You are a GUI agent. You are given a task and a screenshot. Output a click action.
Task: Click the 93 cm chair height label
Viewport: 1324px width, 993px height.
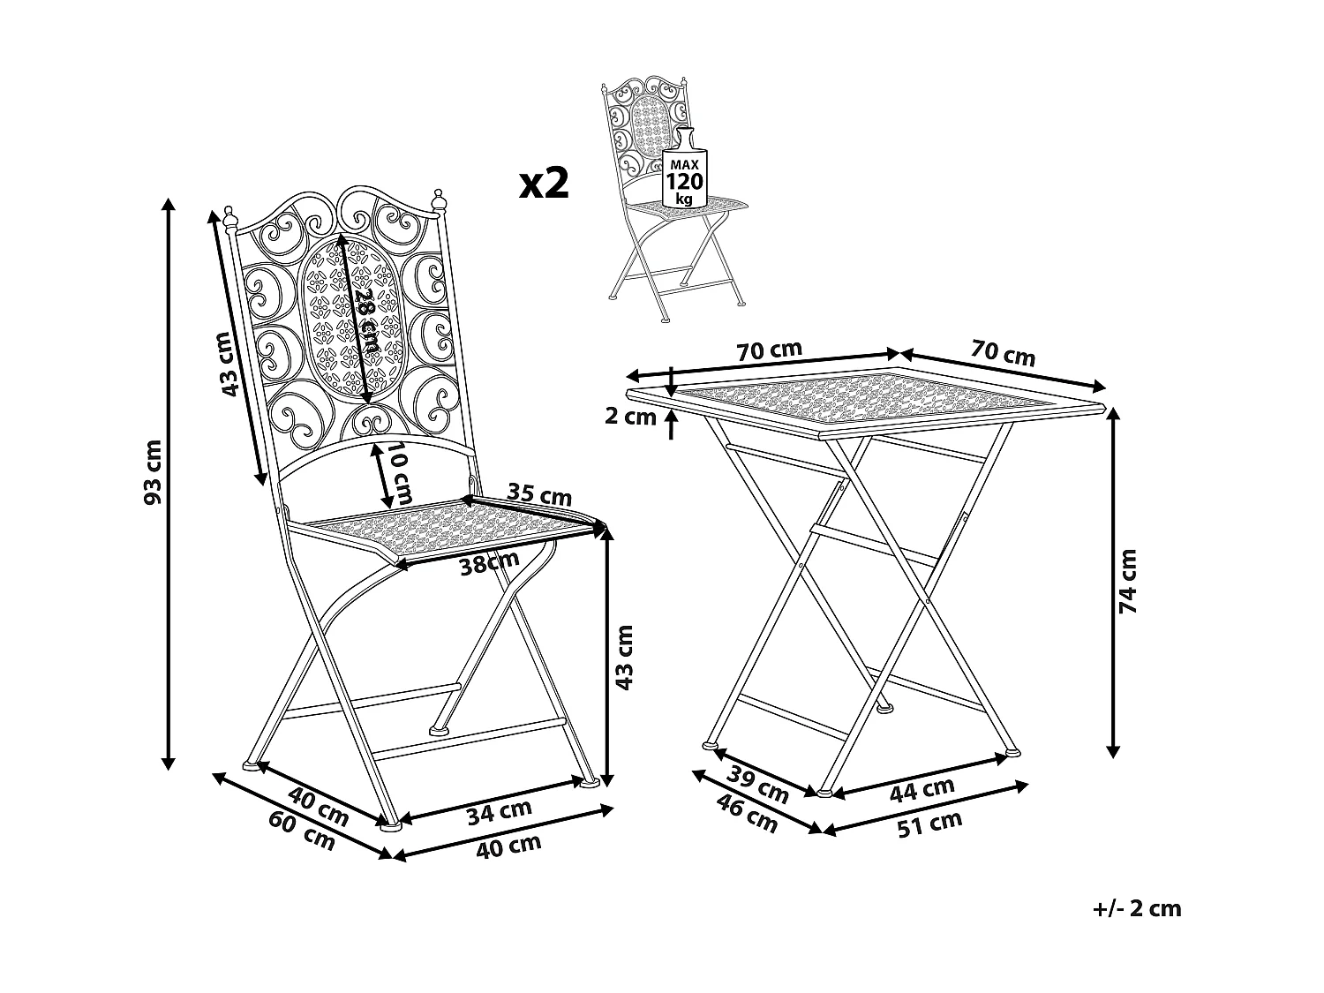(x=154, y=473)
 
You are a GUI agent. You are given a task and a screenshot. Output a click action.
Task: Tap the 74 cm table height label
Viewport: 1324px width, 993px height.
(x=1128, y=581)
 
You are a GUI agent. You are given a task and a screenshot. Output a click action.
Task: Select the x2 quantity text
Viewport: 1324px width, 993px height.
(x=544, y=184)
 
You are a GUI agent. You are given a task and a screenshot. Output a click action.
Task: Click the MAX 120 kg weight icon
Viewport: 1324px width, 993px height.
(x=685, y=169)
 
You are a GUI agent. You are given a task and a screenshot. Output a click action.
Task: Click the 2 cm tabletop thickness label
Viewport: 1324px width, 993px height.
(x=630, y=417)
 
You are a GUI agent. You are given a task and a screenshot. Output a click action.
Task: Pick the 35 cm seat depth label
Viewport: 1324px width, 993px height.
(x=538, y=493)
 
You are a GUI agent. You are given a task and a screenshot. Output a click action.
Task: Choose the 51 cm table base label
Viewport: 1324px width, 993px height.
(x=930, y=824)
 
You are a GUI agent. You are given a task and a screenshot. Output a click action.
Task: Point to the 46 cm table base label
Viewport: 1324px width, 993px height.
(x=748, y=813)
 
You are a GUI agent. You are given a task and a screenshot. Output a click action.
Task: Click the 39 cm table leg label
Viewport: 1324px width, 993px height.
(x=757, y=785)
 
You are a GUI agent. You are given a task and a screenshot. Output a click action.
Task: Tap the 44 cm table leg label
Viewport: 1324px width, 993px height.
(x=922, y=789)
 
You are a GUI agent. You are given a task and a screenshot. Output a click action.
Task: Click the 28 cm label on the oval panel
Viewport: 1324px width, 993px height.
(x=369, y=320)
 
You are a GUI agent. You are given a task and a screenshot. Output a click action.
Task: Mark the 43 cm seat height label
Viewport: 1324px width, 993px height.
(x=624, y=658)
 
